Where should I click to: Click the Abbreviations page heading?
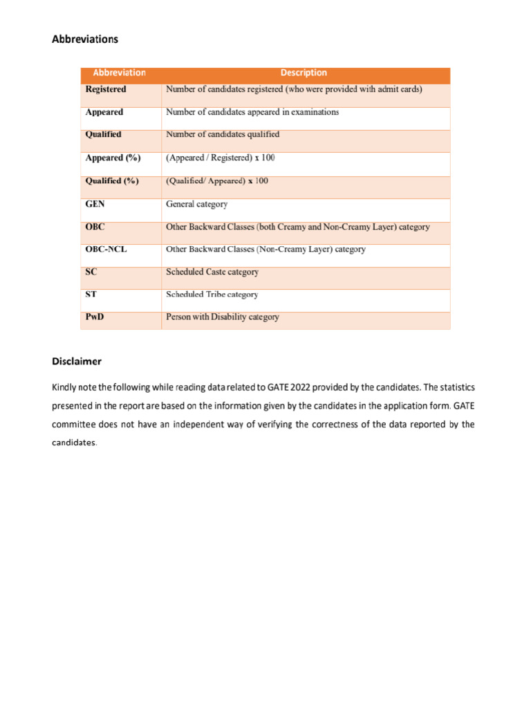tap(85, 39)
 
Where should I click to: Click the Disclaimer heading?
tap(77, 361)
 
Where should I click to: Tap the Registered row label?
tap(106, 89)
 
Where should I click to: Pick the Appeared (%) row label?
tap(113, 158)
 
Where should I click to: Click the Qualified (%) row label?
tap(112, 180)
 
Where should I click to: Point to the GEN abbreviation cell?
tap(95, 204)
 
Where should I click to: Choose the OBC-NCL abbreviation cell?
tap(106, 249)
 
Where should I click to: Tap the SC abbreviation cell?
tap(91, 272)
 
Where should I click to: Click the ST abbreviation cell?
tap(91, 294)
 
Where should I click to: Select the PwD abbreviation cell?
tap(95, 317)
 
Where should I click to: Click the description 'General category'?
tap(196, 204)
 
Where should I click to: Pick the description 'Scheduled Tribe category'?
tap(212, 294)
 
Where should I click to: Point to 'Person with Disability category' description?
tap(223, 317)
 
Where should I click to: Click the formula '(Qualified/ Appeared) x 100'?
tap(217, 180)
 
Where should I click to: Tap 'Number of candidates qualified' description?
tap(223, 134)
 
